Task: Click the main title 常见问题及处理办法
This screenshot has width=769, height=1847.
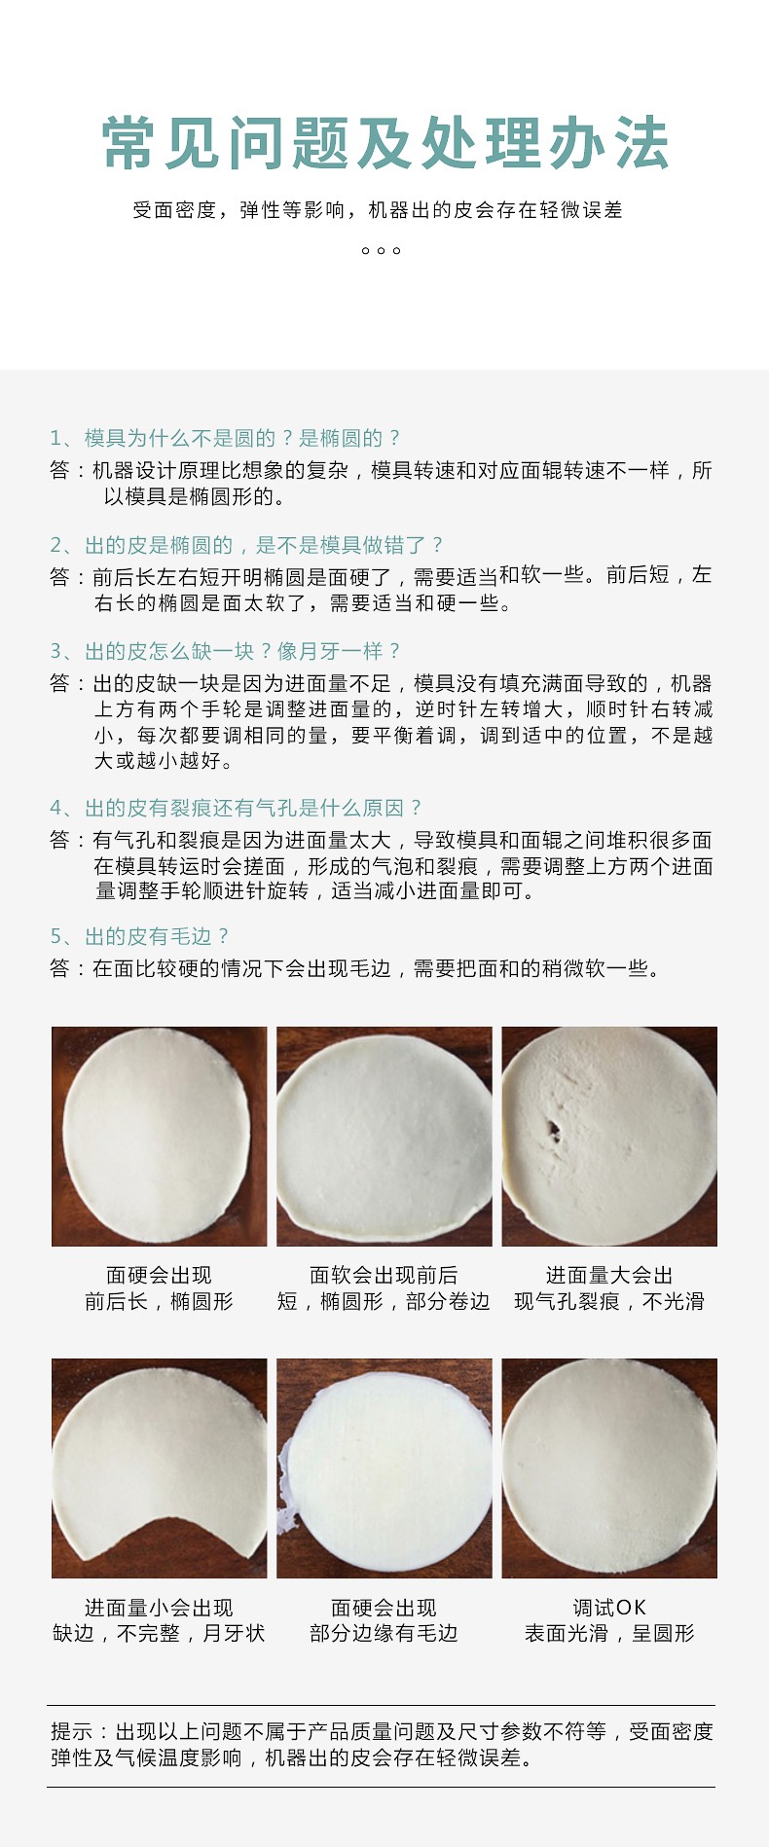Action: (385, 144)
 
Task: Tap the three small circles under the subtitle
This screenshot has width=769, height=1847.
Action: (381, 251)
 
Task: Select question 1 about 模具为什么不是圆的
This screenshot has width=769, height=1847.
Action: (225, 438)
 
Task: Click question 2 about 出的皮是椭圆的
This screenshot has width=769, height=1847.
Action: (247, 545)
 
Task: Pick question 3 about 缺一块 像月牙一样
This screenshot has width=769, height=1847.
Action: (225, 651)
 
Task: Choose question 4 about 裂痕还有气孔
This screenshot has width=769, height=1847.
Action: (237, 808)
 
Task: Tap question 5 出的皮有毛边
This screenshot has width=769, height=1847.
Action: (140, 936)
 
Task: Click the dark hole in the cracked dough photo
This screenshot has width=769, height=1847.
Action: (553, 1130)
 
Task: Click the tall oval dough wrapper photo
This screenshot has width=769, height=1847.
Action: (159, 1136)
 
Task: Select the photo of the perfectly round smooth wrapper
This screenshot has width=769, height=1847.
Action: (609, 1468)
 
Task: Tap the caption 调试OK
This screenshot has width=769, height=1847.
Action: (609, 1608)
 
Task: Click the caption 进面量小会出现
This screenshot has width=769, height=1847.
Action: (159, 1608)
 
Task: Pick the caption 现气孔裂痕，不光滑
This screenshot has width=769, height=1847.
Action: (609, 1301)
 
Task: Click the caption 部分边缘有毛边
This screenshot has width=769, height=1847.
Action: (384, 1633)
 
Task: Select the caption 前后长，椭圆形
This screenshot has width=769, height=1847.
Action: (159, 1301)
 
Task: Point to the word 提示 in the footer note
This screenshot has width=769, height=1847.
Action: (72, 1731)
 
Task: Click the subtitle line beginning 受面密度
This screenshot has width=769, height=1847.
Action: (378, 210)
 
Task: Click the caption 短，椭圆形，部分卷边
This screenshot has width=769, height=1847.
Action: (384, 1301)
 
